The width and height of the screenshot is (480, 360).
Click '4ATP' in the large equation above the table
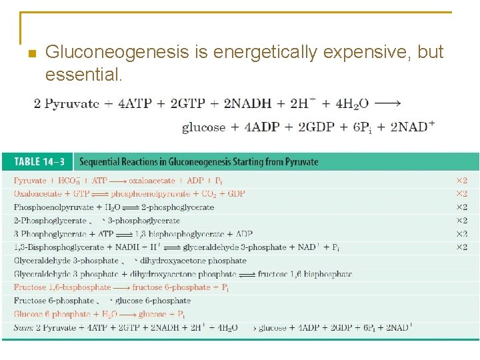[x=135, y=104]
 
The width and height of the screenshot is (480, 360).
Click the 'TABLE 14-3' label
[x=36, y=161]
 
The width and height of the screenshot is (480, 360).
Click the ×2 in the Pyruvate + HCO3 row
[x=461, y=181]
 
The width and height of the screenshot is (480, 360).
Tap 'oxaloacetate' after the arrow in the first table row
[x=152, y=181]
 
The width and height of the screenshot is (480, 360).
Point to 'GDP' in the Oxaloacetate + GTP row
[x=235, y=194]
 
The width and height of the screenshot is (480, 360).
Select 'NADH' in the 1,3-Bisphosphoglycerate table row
[x=123, y=247]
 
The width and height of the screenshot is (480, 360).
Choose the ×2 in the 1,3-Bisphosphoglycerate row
[x=461, y=247]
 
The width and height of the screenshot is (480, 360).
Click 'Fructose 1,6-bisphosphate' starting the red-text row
[x=62, y=287]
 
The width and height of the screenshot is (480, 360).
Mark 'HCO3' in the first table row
[x=68, y=181]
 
